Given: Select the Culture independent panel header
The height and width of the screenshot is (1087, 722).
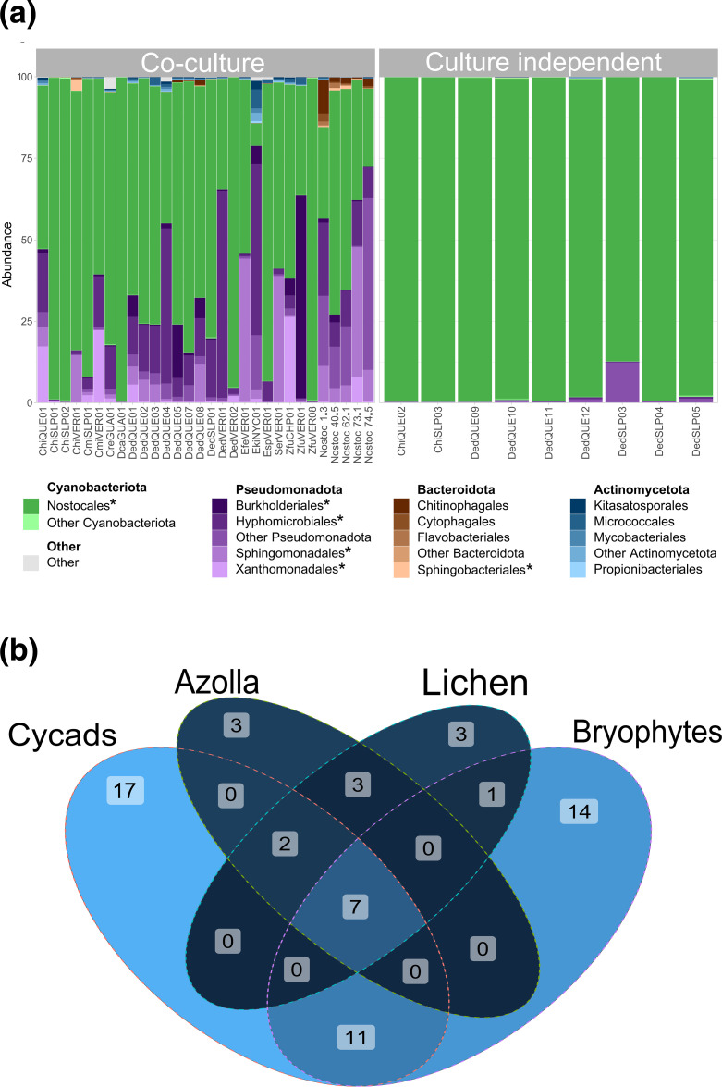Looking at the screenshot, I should click(546, 63).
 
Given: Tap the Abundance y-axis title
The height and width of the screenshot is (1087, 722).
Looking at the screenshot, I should click(7, 240).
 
